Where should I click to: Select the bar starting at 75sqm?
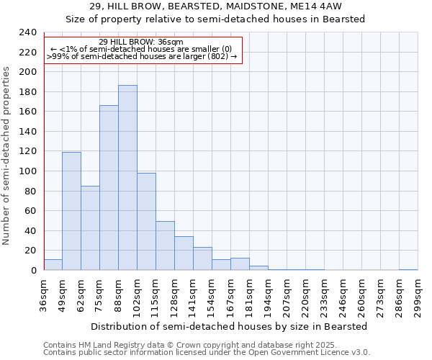(109, 188)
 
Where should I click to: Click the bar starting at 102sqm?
(146, 222)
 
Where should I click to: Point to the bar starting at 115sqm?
(165, 246)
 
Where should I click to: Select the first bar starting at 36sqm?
(53, 265)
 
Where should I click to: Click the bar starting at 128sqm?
(184, 253)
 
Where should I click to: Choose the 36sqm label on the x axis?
(44, 297)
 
